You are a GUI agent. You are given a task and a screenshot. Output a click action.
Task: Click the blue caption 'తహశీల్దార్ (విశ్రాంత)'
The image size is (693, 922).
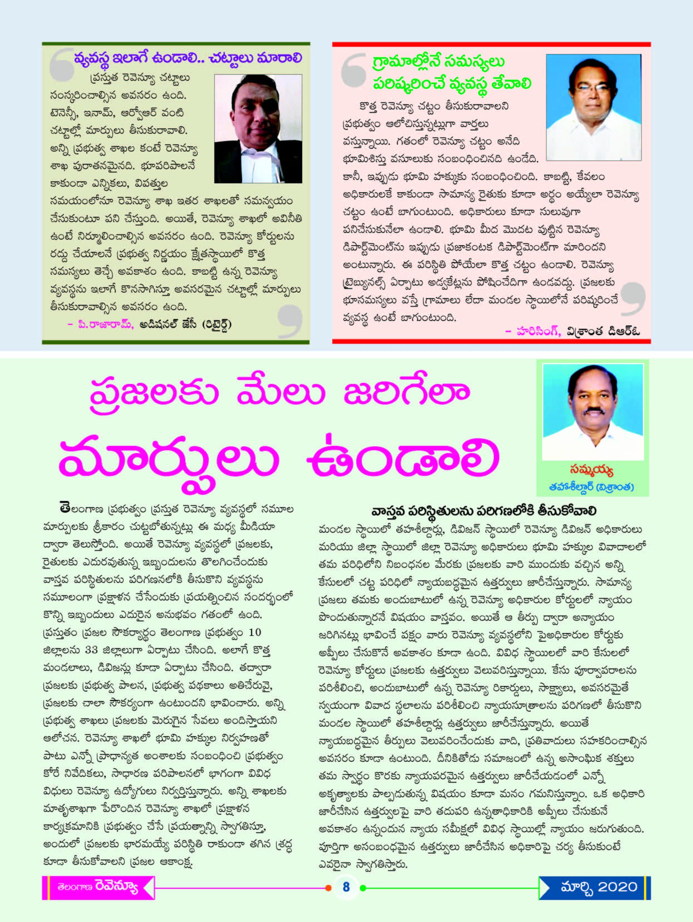(592, 487)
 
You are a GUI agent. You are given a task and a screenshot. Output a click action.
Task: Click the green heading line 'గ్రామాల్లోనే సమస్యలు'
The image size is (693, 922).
(438, 62)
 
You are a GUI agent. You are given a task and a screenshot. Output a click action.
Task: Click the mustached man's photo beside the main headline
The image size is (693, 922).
(593, 412)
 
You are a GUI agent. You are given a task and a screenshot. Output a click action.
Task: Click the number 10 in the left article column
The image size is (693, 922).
(254, 632)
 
